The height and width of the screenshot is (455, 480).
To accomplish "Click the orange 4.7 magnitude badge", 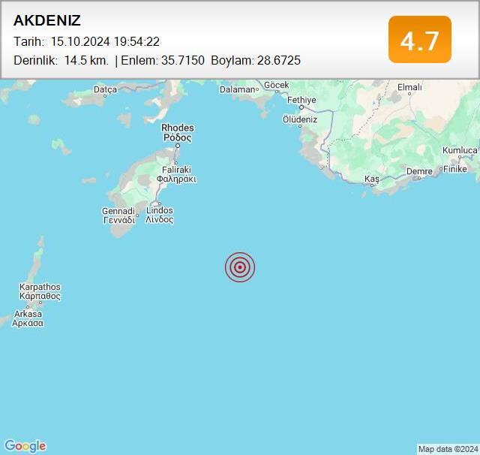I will [x=419, y=40].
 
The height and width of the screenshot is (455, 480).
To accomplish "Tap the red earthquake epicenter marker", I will [x=240, y=267].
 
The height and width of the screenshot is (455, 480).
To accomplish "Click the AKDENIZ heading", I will [x=47, y=21].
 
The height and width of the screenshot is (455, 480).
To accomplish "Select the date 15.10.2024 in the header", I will [x=80, y=42].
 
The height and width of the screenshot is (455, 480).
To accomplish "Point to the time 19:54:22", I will [x=136, y=42].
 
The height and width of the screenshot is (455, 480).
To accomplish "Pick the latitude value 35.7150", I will [x=182, y=60].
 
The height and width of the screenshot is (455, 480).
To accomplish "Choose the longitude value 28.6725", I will [x=277, y=60].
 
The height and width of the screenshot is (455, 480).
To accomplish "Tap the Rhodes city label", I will [x=177, y=128].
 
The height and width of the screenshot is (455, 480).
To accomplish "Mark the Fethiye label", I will [x=302, y=99].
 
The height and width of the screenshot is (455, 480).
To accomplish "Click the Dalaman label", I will [x=237, y=89].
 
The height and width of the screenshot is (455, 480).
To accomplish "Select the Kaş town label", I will [x=372, y=178].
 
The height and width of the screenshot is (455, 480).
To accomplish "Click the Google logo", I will [x=25, y=446].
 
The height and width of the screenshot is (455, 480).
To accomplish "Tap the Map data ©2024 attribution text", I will [x=448, y=449].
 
